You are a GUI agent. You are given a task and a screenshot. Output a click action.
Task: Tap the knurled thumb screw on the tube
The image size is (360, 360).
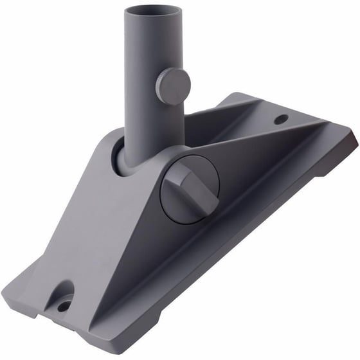point(172,85)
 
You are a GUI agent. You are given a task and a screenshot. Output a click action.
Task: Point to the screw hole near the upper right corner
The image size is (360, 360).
point(280,120)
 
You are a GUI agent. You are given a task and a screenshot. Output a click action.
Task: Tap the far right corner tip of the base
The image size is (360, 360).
point(354,137)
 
